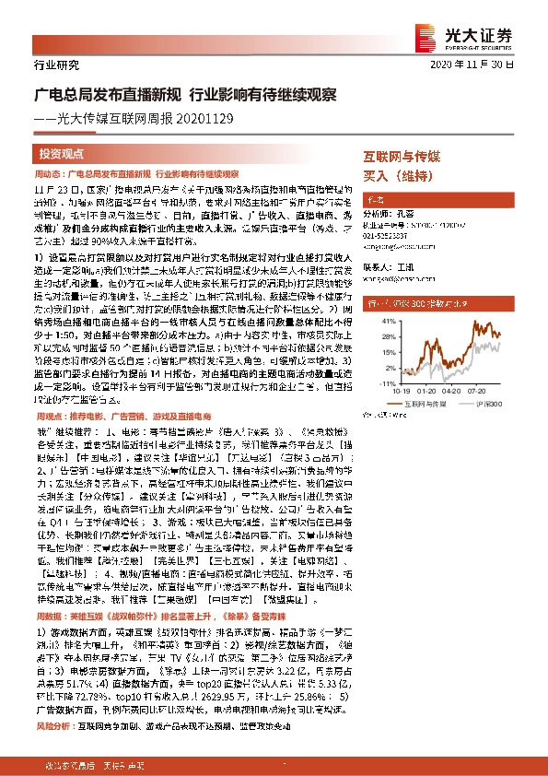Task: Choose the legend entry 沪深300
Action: (496, 403)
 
